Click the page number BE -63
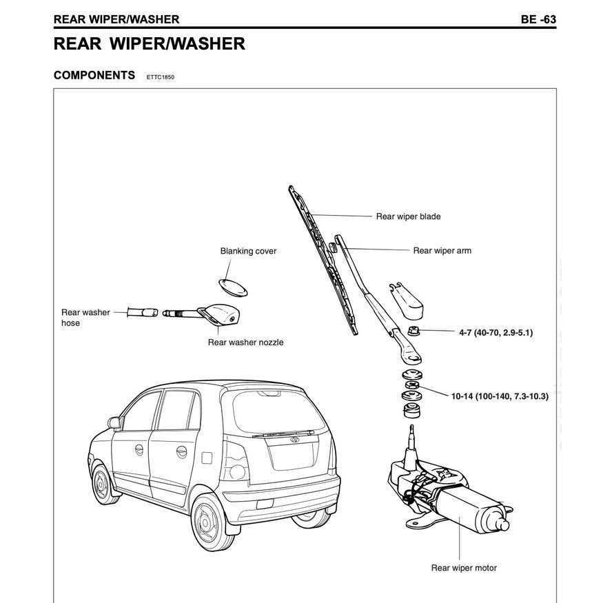pos(538,19)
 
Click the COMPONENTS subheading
pos(94,75)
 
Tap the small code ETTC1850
pos(161,77)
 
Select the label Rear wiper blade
pos(408,216)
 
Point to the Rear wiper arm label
pos(442,251)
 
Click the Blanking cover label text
pos(248,251)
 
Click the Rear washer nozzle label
pos(245,342)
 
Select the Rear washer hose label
pos(85,317)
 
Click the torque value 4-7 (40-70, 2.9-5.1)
pos(495,332)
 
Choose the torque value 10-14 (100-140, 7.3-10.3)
pos(500,397)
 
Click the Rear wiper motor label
pos(463,568)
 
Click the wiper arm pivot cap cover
pos(408,296)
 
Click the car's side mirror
pos(114,422)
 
